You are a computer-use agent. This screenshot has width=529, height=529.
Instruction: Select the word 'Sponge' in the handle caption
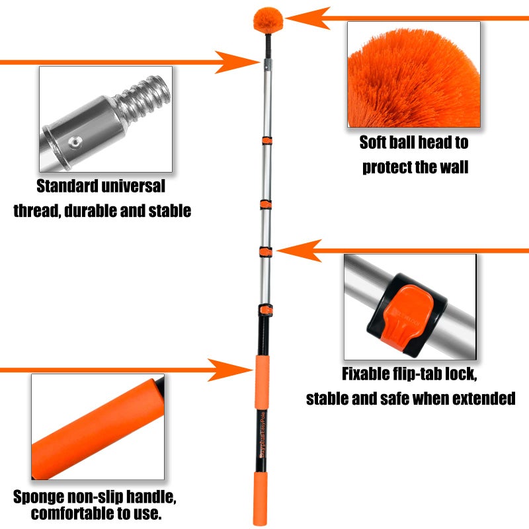coord(40,496)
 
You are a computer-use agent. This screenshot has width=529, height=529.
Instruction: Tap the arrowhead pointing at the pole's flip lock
coord(292,251)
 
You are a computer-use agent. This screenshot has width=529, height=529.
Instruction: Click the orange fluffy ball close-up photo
coord(414,74)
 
